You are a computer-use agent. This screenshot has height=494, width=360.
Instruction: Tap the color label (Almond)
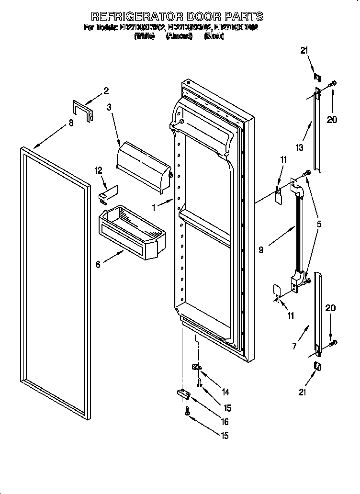coord(179,36)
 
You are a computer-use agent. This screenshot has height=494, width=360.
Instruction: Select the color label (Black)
coord(214,36)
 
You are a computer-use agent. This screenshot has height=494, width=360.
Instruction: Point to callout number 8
coord(71,123)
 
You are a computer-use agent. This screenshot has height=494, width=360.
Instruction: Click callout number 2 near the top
coord(106,90)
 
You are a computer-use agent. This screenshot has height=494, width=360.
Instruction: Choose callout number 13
coord(299,148)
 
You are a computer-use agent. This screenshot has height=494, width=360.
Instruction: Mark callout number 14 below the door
coord(225,392)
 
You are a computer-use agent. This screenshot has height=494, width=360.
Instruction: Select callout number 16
coord(224,422)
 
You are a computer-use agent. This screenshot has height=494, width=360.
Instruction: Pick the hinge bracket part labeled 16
coord(183,394)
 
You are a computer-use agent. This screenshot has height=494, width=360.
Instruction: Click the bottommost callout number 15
coord(224,436)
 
